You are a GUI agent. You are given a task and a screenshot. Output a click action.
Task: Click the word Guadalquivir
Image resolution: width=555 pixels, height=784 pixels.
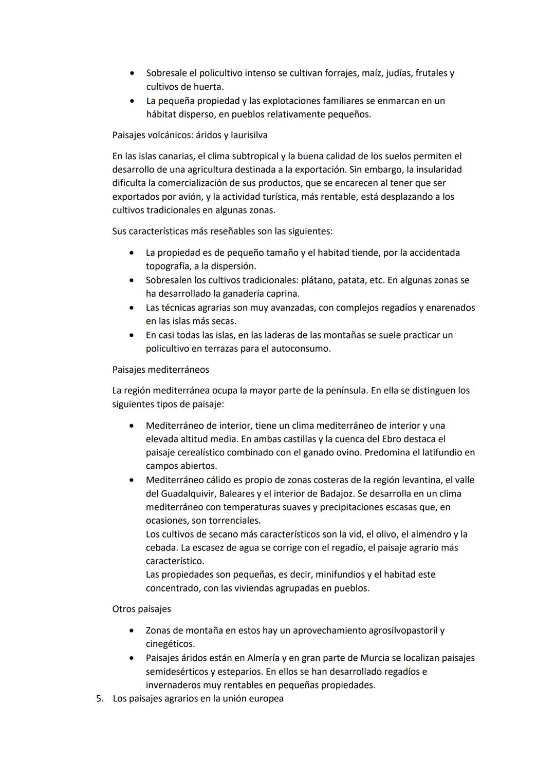click(x=189, y=493)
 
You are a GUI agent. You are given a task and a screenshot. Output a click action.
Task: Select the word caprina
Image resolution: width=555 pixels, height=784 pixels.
click(x=282, y=294)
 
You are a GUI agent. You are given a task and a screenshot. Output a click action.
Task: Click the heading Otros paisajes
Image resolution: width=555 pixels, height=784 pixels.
click(x=141, y=609)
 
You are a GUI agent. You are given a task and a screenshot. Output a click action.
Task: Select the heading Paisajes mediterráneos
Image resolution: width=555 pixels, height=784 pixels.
click(x=160, y=370)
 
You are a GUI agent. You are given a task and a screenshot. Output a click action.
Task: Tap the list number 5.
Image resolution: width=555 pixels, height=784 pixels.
click(x=99, y=699)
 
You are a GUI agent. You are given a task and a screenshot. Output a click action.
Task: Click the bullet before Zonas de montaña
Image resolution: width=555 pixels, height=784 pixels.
click(x=133, y=630)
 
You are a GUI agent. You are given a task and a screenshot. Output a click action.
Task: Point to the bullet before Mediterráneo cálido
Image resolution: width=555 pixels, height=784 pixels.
click(x=133, y=480)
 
